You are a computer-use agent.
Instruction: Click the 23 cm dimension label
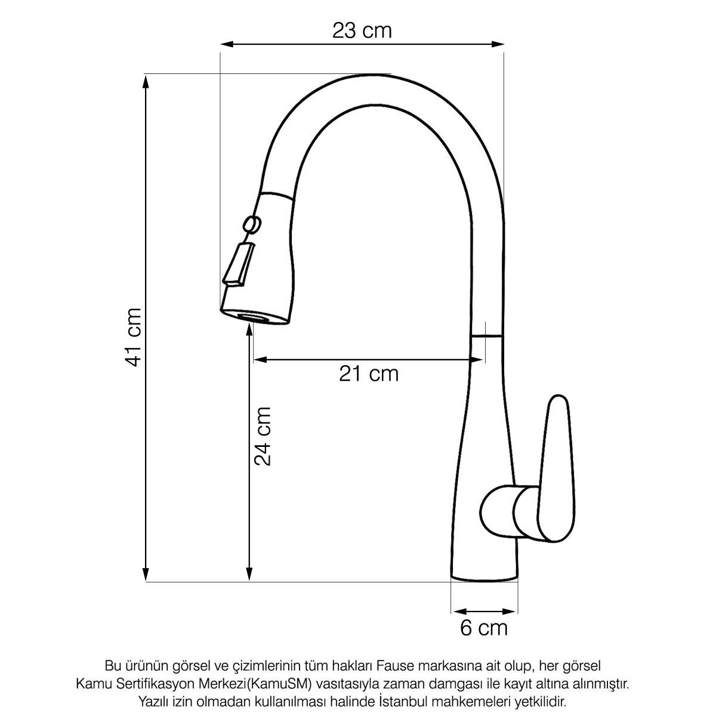(x=362, y=30)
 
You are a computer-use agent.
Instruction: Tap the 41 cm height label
(x=133, y=337)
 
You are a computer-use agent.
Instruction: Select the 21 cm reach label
(x=369, y=374)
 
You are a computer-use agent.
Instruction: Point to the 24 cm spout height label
(x=263, y=436)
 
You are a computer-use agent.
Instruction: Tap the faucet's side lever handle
(x=556, y=470)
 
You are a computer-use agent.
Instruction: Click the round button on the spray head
(x=252, y=224)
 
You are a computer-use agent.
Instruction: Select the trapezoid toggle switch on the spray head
(x=239, y=264)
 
